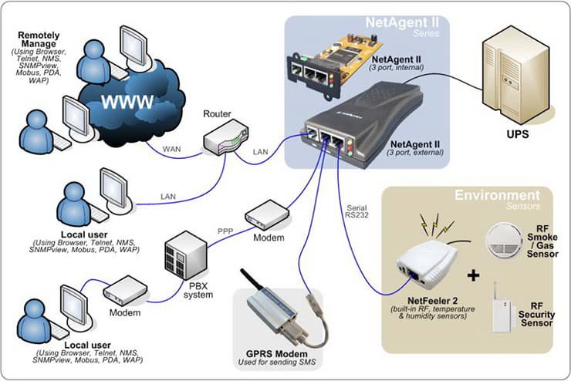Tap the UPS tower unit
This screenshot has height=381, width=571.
(510, 77)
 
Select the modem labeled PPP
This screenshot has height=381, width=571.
(266, 213)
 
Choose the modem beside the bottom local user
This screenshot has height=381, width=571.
(125, 290)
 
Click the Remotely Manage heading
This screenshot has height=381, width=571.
(42, 39)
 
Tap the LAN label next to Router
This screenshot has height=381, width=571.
(262, 153)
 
